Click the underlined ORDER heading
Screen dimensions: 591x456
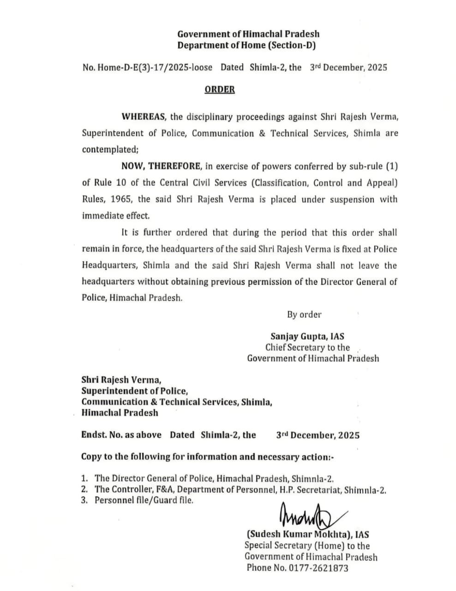(219, 89)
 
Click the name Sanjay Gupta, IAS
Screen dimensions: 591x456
(307, 337)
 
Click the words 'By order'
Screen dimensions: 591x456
(304, 314)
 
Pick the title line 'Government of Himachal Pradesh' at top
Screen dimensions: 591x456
(248, 34)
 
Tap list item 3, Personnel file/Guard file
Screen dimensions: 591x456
(144, 500)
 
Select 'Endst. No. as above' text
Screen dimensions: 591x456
(121, 435)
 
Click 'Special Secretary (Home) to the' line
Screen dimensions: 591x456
(307, 546)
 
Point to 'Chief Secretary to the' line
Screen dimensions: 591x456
(307, 347)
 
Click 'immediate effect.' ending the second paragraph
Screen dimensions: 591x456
(116, 216)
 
